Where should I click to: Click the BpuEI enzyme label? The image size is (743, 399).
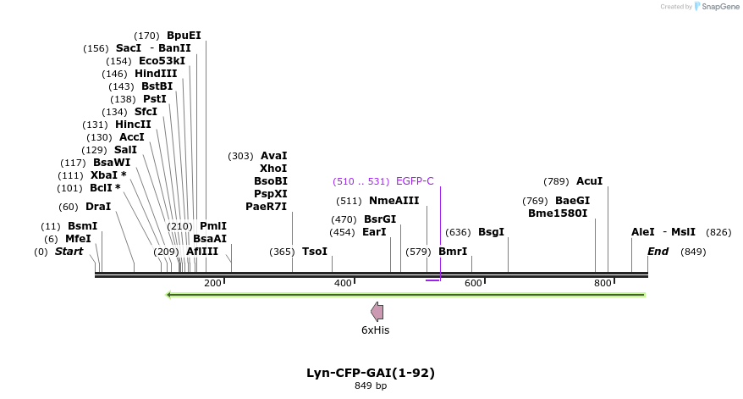pos(184,36)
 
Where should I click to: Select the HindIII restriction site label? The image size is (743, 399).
pos(156,74)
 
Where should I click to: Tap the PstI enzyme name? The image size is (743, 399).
pos(155,99)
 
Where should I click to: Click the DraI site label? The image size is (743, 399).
pos(98,207)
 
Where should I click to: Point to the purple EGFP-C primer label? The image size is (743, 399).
pos(415,181)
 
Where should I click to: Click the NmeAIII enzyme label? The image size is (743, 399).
pos(394,201)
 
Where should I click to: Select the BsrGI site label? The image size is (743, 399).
pos(380,219)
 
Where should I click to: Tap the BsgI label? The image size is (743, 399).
pos(491,232)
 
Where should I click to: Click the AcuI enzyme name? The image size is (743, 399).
pos(589,181)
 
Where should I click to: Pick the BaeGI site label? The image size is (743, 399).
pos(572,201)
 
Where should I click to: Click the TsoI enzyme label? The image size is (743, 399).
pos(315,252)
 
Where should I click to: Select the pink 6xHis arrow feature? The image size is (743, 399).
pos(377,312)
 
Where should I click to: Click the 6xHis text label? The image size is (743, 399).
pos(376,330)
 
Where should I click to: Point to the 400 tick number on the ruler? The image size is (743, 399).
pos(343,282)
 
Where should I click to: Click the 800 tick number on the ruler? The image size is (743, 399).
pos(603,282)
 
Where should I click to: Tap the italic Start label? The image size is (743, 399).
pos(69,252)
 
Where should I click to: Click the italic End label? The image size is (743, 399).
pos(658,252)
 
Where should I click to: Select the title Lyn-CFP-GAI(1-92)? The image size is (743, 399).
pos(371,373)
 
